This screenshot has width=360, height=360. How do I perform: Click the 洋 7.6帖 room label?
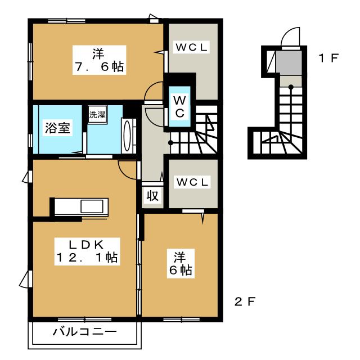pyautogui.click(x=99, y=60)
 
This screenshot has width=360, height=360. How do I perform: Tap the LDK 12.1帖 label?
pyautogui.click(x=87, y=251)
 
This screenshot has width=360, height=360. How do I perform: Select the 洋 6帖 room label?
pyautogui.click(x=181, y=264)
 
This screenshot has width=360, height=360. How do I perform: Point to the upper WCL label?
pyautogui.click(x=191, y=47)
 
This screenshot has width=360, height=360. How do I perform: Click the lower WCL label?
pyautogui.click(x=192, y=182)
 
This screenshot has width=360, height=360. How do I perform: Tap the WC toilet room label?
pyautogui.click(x=179, y=107)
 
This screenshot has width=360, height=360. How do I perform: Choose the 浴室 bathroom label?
pyautogui.click(x=57, y=128)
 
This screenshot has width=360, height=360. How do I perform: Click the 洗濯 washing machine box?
pyautogui.click(x=97, y=115)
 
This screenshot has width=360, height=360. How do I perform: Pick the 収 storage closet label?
pyautogui.click(x=152, y=196)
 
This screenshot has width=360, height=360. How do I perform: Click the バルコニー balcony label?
pyautogui.click(x=84, y=332)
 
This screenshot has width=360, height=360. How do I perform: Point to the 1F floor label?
pyautogui.click(x=328, y=57)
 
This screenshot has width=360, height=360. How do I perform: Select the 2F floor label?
pyautogui.click(x=245, y=301)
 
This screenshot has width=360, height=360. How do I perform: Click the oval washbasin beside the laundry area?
pyautogui.click(x=127, y=136)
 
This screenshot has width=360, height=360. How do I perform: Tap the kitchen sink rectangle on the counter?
pyautogui.click(x=92, y=206)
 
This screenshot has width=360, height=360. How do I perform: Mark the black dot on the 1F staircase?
pyautogui.click(x=291, y=87)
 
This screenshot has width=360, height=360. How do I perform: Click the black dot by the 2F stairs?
pyautogui.click(x=170, y=143)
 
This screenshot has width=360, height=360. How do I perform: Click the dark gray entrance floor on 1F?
pyautogui.click(x=289, y=62)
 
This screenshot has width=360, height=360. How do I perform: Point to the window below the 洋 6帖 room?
pyautogui.click(x=181, y=319)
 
